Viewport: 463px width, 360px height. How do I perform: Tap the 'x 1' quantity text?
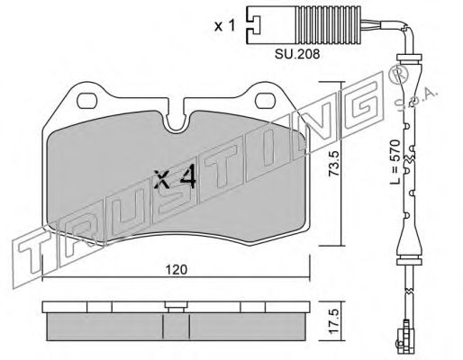pyautogui.click(x=224, y=26)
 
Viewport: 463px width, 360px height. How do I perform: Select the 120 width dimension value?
pyautogui.click(x=177, y=270)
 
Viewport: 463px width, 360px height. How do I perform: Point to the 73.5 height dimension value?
pyautogui.click(x=333, y=164)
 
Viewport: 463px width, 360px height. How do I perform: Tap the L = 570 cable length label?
pyautogui.click(x=395, y=161)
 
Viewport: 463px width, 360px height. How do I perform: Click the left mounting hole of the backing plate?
pyautogui.click(x=87, y=101)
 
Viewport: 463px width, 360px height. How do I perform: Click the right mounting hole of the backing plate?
pyautogui.click(x=266, y=101)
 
